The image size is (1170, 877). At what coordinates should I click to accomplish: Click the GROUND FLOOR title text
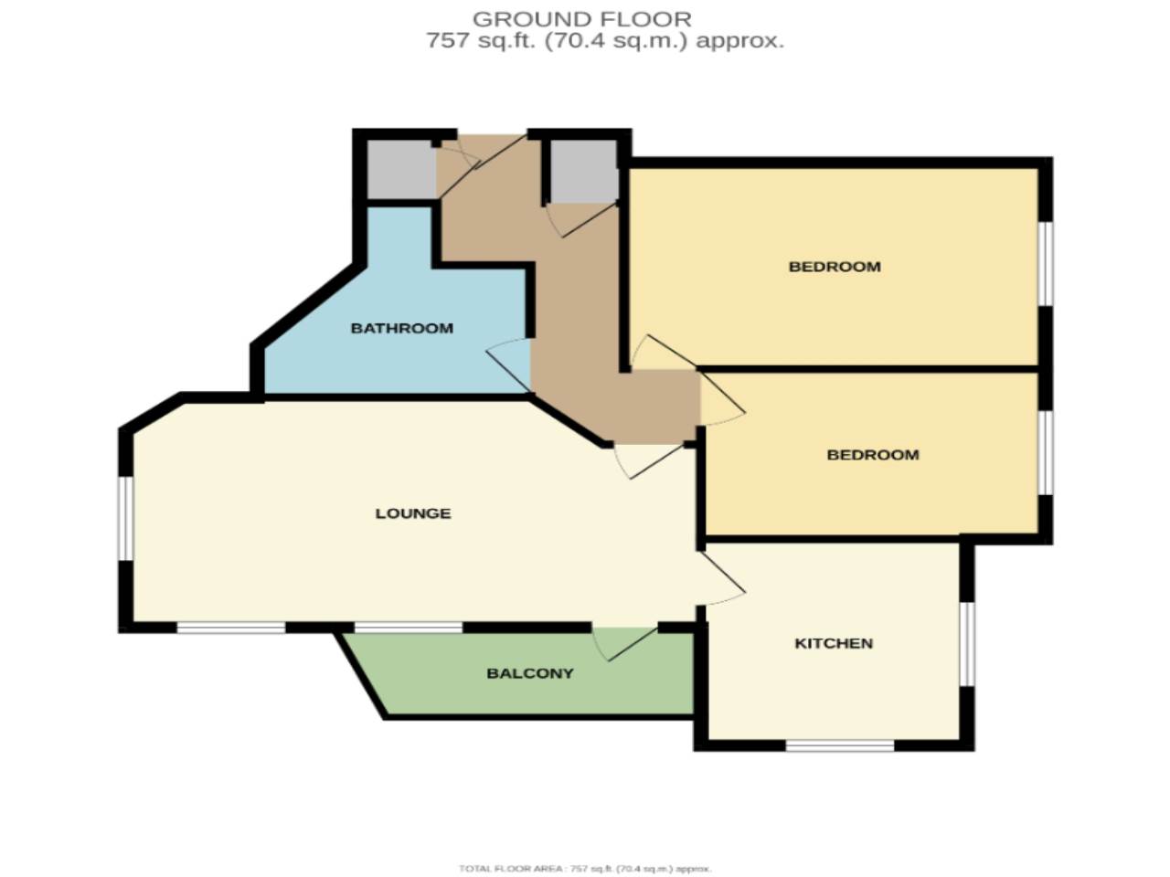[x=581, y=18]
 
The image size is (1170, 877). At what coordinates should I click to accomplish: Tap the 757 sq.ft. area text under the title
[x=604, y=41]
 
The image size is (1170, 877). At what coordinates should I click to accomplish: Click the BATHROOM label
[x=401, y=328]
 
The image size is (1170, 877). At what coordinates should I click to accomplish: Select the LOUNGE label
[x=412, y=513]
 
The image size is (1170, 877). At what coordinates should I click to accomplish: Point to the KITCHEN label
[x=834, y=643]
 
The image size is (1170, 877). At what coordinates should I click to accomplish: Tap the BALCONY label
[x=530, y=673]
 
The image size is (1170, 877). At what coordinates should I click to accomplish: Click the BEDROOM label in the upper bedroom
[x=835, y=267]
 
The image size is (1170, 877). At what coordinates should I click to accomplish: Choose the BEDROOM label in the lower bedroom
[x=872, y=455]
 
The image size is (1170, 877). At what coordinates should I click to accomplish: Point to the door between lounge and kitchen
[x=722, y=579]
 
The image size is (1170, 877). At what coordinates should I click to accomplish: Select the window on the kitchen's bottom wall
[x=839, y=745]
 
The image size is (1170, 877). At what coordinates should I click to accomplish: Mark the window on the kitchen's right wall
[x=967, y=642]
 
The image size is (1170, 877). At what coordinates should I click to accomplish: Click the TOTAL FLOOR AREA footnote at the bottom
[x=585, y=869]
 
